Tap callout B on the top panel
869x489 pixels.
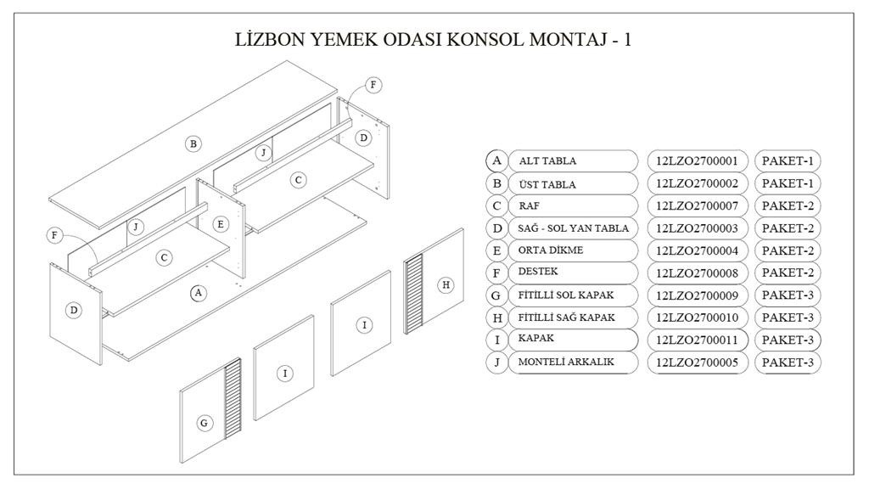point(193,144)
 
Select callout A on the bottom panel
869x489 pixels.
point(198,293)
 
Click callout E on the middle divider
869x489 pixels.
point(221,224)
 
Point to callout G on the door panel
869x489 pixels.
point(205,423)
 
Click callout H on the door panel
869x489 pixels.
point(446,285)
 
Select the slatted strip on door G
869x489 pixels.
point(232,399)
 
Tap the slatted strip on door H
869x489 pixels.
point(412,293)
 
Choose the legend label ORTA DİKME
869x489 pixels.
point(550,250)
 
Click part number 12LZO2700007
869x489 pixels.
point(697,205)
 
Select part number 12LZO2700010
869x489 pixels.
point(697,318)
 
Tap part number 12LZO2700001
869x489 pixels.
point(697,160)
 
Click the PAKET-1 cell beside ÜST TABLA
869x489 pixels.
point(788,183)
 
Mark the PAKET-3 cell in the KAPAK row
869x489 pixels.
point(788,340)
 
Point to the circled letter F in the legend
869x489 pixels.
point(496,273)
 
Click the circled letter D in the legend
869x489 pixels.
point(496,228)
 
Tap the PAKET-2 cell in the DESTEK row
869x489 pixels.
point(788,273)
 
